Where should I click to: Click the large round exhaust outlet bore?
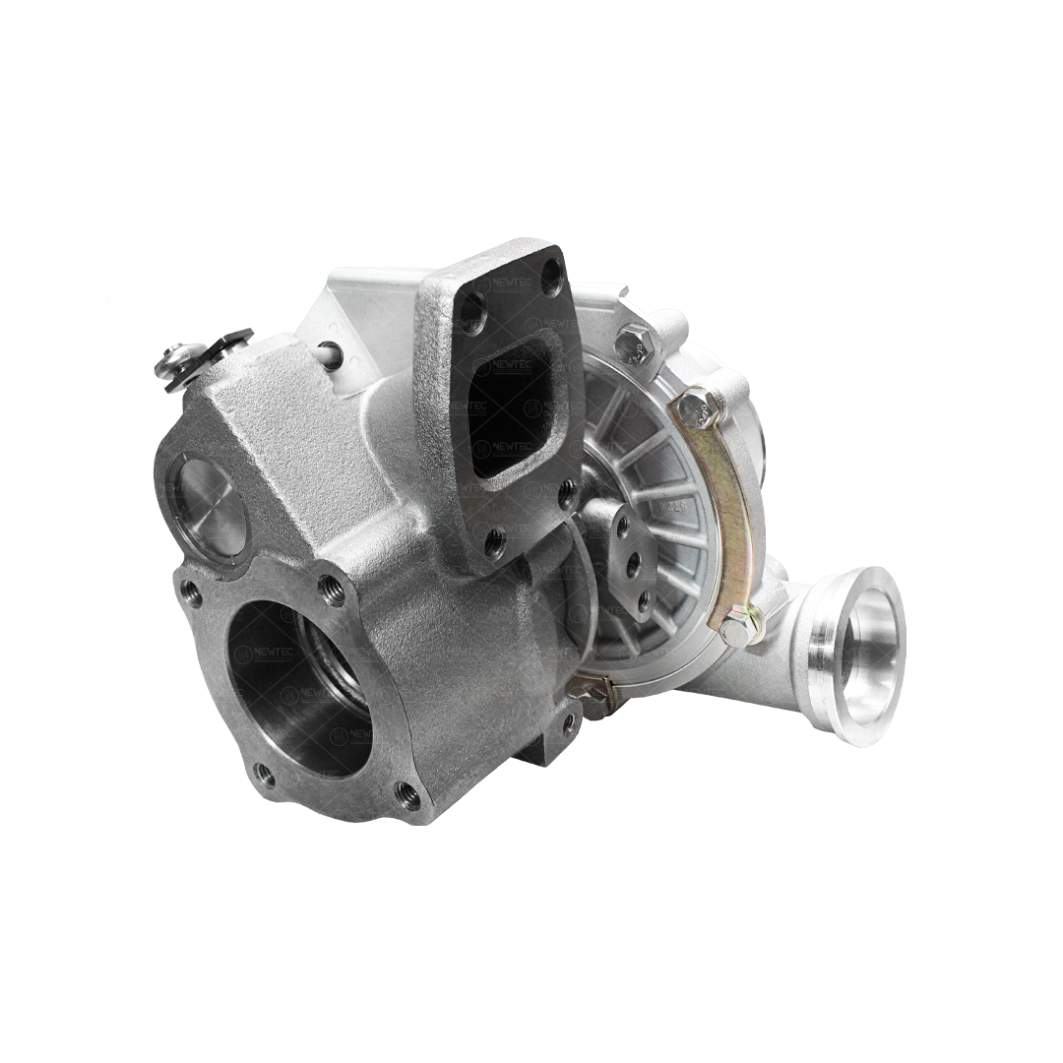tap(300, 684)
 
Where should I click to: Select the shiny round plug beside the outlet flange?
tap(208, 506)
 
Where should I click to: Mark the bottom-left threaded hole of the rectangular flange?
tap(493, 539)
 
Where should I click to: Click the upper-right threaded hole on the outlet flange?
tap(330, 591)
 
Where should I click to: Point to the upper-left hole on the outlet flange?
tap(191, 593)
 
